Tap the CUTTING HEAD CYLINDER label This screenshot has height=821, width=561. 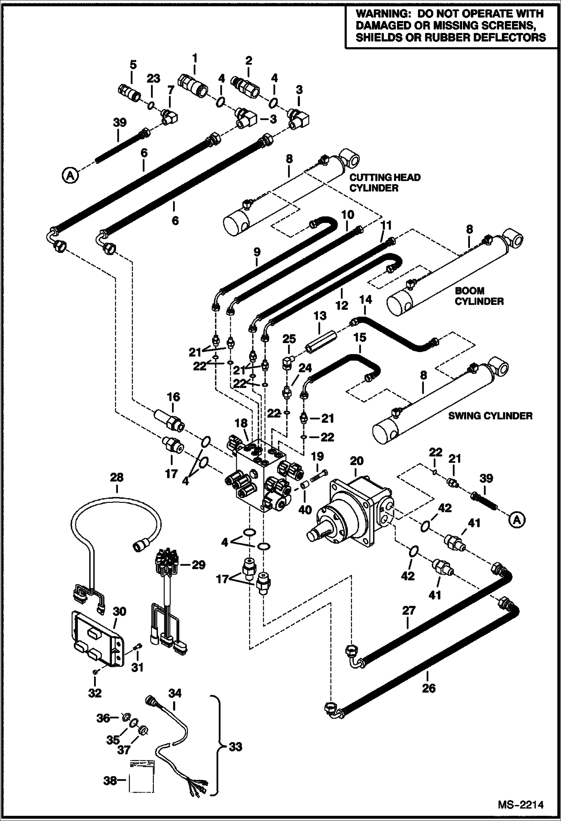385,183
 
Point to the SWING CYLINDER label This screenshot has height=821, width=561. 490,416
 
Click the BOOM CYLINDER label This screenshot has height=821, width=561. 479,296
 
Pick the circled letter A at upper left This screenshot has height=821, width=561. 70,175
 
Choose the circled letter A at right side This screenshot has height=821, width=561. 517,520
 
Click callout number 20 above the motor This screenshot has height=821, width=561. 356,461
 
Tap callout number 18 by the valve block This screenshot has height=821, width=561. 241,423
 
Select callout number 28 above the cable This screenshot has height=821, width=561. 117,477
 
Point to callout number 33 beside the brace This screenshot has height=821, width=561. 235,747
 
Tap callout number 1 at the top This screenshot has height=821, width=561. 194,58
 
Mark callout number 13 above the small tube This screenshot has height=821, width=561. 320,316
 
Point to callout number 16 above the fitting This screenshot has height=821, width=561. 173,397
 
